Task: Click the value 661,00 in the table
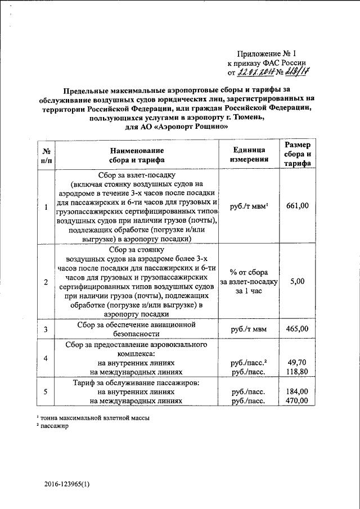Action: coord(298,206)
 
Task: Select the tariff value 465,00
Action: coord(298,328)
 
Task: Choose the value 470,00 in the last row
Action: coord(298,400)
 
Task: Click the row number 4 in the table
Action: coord(46,359)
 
